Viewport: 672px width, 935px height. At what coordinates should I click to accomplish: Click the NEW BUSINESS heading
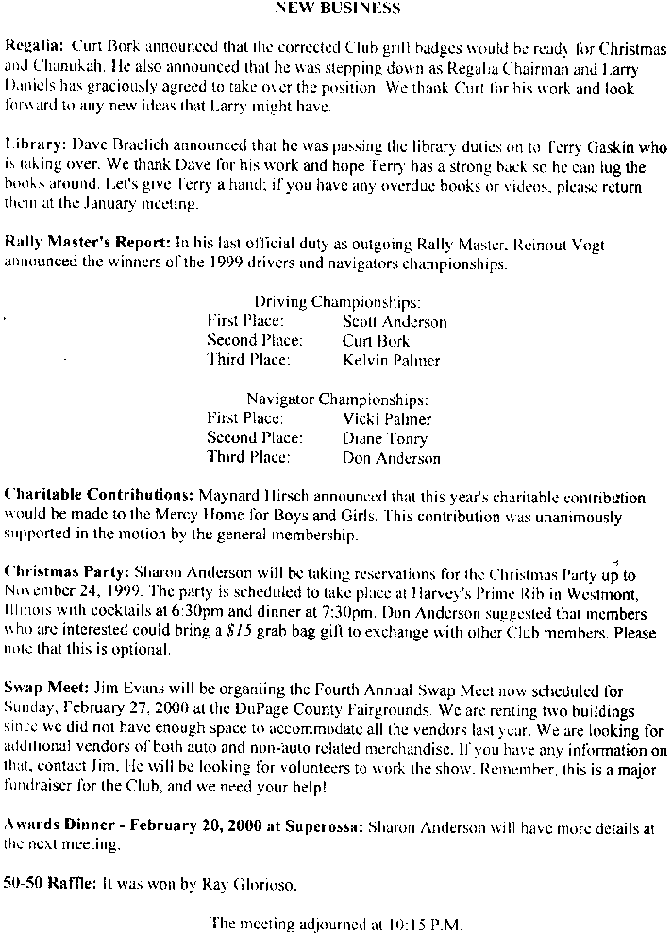[x=337, y=8]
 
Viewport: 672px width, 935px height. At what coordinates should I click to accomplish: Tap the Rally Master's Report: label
[x=88, y=244]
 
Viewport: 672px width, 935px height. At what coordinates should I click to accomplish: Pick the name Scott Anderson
[x=395, y=322]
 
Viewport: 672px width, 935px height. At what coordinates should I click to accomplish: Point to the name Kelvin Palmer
[x=391, y=360]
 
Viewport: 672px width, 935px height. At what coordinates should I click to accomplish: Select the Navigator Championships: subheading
[x=337, y=399]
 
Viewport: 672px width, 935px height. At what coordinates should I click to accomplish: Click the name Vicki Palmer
[x=387, y=419]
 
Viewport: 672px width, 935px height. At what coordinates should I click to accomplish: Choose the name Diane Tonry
[x=385, y=438]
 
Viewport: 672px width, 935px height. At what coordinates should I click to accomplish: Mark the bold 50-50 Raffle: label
[x=50, y=885]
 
